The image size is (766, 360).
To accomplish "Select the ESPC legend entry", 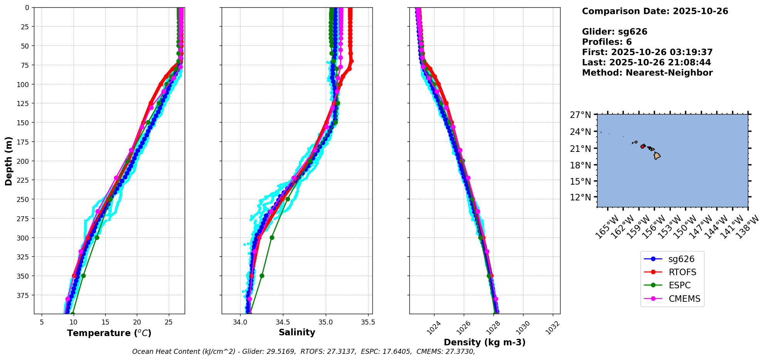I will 679,285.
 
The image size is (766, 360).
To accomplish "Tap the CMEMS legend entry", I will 684,299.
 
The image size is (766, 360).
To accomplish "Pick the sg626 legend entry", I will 681,259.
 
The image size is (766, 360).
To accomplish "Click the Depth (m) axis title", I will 8,161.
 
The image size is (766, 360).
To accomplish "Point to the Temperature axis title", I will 109,333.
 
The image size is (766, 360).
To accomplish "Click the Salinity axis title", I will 297,332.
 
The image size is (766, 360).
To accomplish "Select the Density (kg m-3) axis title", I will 485,342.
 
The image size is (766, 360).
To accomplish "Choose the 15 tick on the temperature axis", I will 105,322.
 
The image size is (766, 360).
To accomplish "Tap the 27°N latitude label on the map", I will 580,115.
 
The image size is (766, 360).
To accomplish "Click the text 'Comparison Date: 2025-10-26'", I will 655,11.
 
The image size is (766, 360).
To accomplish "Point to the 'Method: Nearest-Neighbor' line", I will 647,73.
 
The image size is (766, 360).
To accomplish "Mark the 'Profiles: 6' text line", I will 607,42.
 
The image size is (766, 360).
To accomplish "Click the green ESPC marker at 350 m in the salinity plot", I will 262,276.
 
